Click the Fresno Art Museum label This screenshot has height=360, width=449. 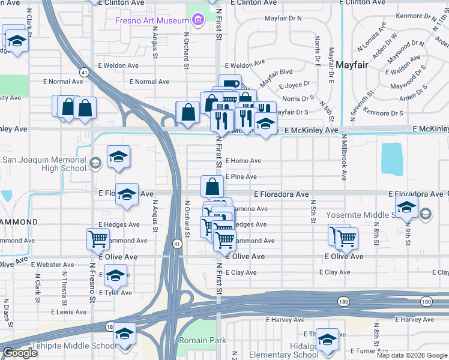click(152, 20)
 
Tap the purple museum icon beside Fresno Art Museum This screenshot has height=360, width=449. click(197, 21)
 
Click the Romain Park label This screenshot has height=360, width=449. click(202, 340)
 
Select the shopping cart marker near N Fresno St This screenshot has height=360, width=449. click(98, 238)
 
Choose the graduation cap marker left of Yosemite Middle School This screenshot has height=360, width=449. click(406, 208)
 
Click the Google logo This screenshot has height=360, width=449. click(20, 353)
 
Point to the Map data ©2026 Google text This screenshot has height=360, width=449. click(412, 355)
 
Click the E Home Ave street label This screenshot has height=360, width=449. click(243, 161)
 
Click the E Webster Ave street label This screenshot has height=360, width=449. click(52, 264)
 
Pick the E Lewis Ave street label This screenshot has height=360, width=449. click(68, 312)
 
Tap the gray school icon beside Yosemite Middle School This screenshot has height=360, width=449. click(426, 214)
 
